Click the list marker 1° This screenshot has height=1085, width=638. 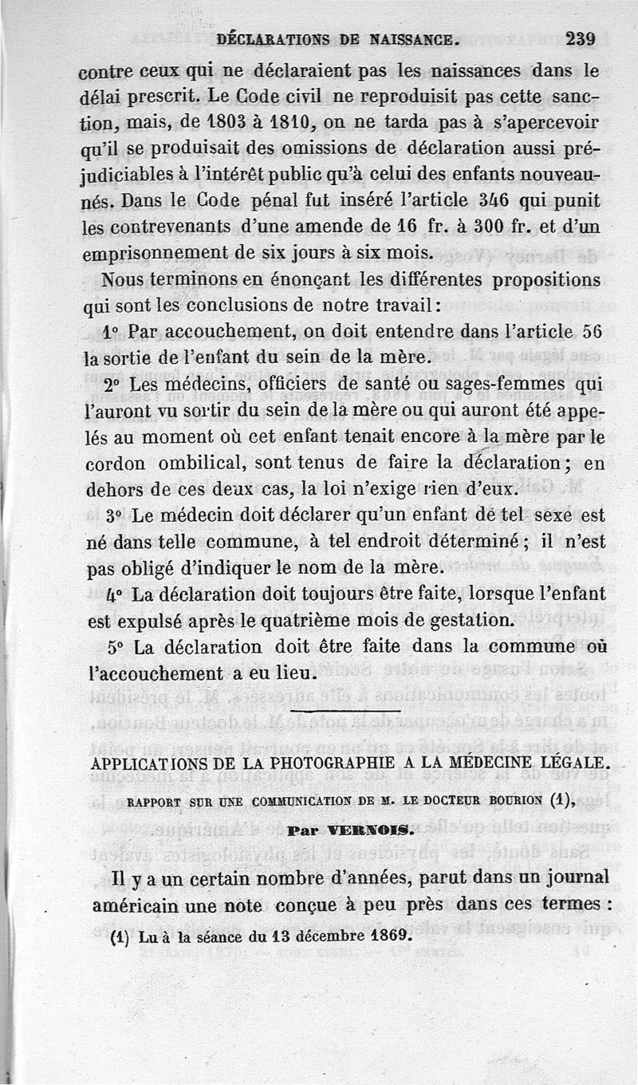[112, 331]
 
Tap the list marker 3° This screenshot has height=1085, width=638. [115, 515]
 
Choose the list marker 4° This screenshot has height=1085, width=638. [115, 594]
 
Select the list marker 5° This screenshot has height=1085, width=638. [115, 646]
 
